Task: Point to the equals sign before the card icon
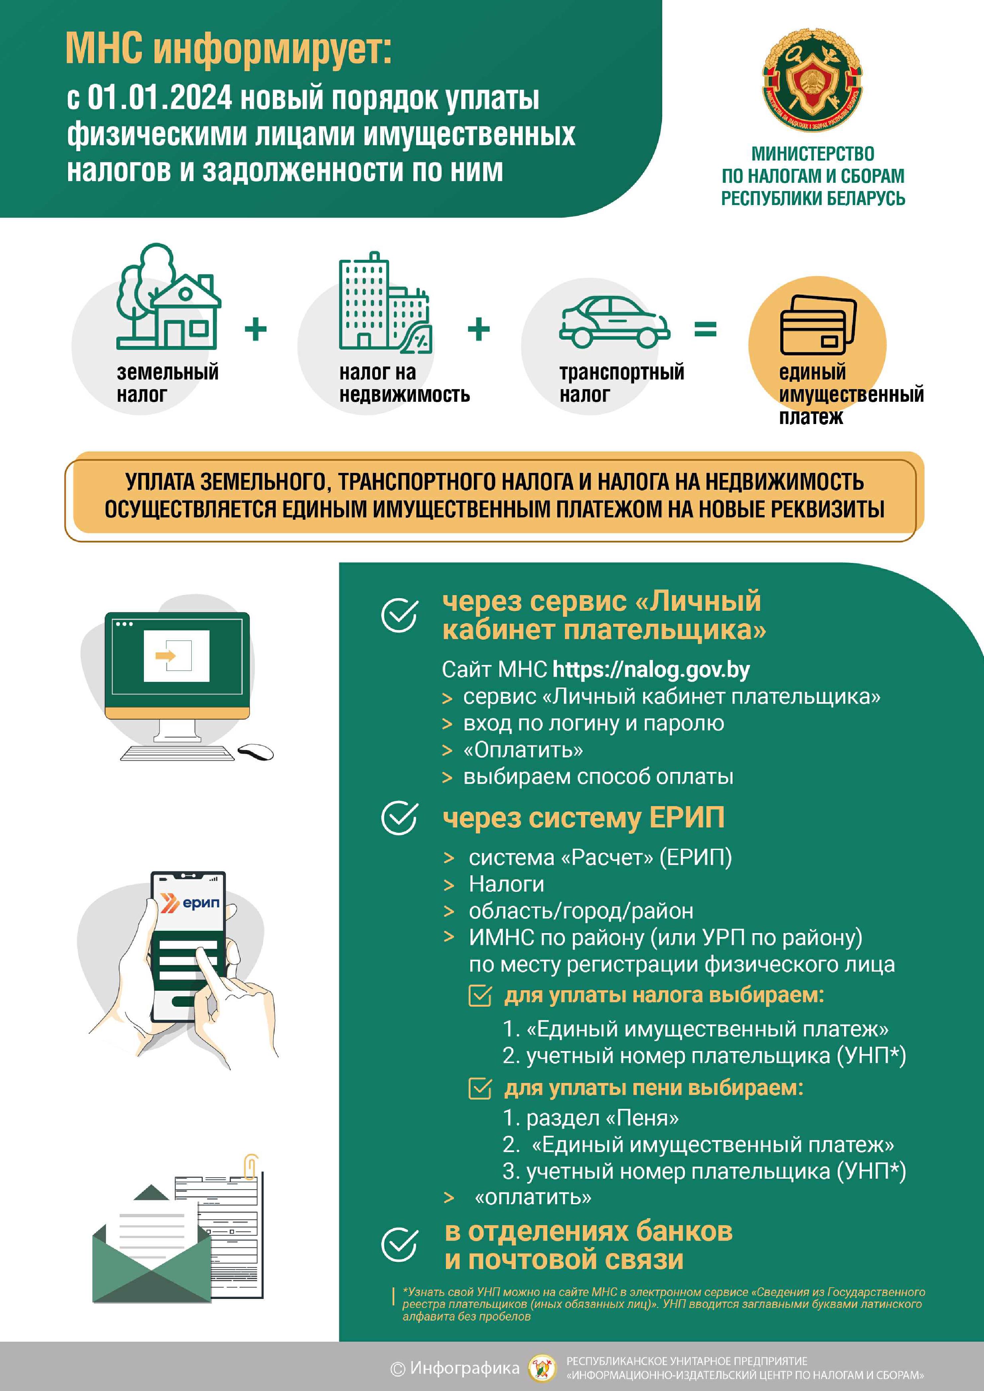[705, 330]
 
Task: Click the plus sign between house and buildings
[256, 330]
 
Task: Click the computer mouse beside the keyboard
[255, 752]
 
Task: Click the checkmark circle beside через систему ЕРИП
[400, 818]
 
